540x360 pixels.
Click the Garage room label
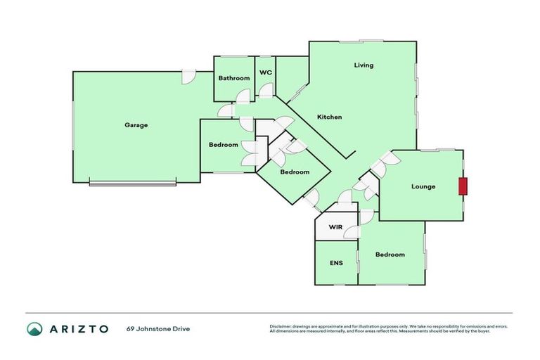tap(136, 125)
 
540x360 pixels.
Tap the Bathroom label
tap(233, 78)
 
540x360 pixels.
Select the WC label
tap(265, 72)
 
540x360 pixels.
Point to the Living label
tap(364, 65)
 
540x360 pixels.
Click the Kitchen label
tap(329, 117)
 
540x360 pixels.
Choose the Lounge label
tap(423, 186)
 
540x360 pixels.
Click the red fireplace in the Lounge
tap(463, 186)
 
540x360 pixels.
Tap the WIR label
tap(335, 227)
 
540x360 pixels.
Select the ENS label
tap(336, 263)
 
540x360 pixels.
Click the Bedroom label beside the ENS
tap(390, 255)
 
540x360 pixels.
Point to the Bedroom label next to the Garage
tap(223, 145)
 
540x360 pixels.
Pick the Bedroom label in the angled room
tap(295, 172)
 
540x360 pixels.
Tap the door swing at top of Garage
tap(188, 77)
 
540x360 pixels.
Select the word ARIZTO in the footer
tap(78, 328)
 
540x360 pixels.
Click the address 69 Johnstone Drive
tap(158, 328)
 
